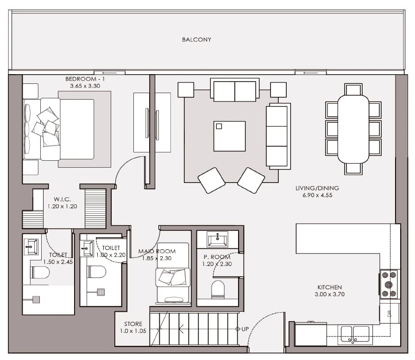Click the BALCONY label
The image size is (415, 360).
pyautogui.click(x=197, y=40)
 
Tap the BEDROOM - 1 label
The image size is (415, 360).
pyautogui.click(x=85, y=79)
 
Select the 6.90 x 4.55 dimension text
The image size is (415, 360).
pyautogui.click(x=317, y=196)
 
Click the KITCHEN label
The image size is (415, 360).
pyautogui.click(x=329, y=287)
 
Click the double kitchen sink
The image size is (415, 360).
pyautogui.click(x=355, y=335)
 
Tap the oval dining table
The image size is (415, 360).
pyautogui.click(x=353, y=129)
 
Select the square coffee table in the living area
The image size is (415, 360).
pyautogui.click(x=229, y=136)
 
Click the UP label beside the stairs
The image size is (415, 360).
pyautogui.click(x=245, y=329)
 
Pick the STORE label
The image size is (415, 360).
pyautogui.click(x=133, y=324)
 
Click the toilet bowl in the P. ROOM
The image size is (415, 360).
pyautogui.click(x=218, y=289)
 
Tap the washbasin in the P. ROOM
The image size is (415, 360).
pyautogui.click(x=217, y=239)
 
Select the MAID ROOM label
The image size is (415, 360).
pyautogui.click(x=157, y=251)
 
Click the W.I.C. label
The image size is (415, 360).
pyautogui.click(x=62, y=199)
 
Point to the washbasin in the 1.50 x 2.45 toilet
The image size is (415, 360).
pyautogui.click(x=31, y=246)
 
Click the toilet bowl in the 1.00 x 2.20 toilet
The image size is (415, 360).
pyautogui.click(x=97, y=272)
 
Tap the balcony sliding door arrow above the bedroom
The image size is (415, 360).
pyautogui.click(x=110, y=73)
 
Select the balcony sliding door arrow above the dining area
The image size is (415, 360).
pyautogui.click(x=311, y=73)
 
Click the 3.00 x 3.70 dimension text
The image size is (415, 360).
pyautogui.click(x=329, y=294)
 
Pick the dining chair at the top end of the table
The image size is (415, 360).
pyautogui.click(x=353, y=89)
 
